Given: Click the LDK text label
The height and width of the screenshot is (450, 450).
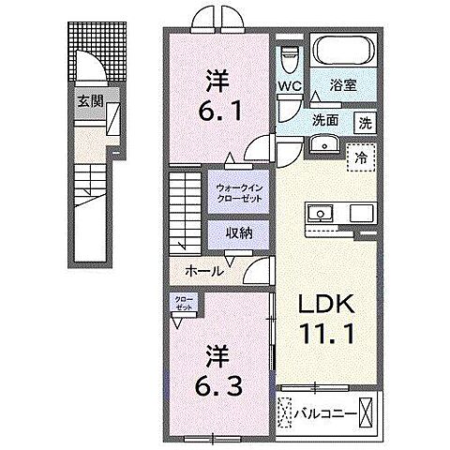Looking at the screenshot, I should point(326,305).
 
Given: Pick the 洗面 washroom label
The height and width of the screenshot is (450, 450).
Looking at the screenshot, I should point(326,120).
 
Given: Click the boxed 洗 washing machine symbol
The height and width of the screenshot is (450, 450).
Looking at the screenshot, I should point(364,121).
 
